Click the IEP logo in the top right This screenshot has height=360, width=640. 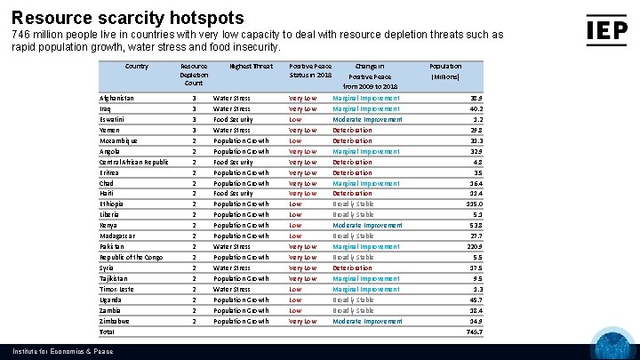coord(606,29)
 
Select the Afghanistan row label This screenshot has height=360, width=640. coord(117,98)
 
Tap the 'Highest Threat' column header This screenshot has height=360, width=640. coord(252,66)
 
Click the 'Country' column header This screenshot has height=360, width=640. coord(137,66)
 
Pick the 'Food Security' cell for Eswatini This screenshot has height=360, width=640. coord(233,119)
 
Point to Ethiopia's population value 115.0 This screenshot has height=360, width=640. coord(473,204)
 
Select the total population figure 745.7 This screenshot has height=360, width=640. coord(473,332)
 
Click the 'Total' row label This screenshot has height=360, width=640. coord(108,332)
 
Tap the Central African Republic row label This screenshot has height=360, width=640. coord(134,162)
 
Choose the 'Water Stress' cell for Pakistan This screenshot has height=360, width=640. coord(232,246)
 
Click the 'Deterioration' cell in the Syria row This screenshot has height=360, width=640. coord(352,268)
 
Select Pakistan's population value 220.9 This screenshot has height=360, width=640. coord(473,246)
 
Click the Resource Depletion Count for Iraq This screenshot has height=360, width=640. coord(194,108)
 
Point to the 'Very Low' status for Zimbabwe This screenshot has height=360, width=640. coord(303,321)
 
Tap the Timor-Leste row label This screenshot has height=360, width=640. coord(117,289)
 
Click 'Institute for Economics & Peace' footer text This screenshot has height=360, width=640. coord(57,352)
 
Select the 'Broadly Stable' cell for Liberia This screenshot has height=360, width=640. coord(354,214)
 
